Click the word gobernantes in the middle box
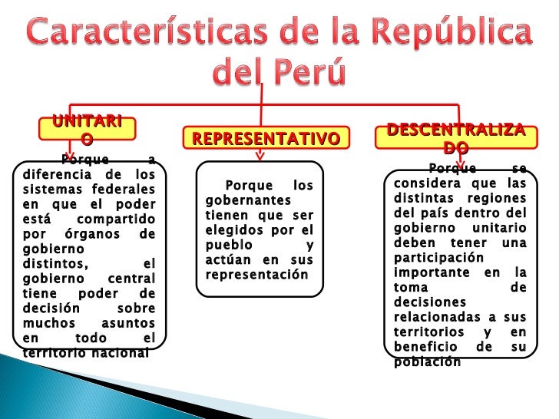click(237, 200)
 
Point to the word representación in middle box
click(256, 274)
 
